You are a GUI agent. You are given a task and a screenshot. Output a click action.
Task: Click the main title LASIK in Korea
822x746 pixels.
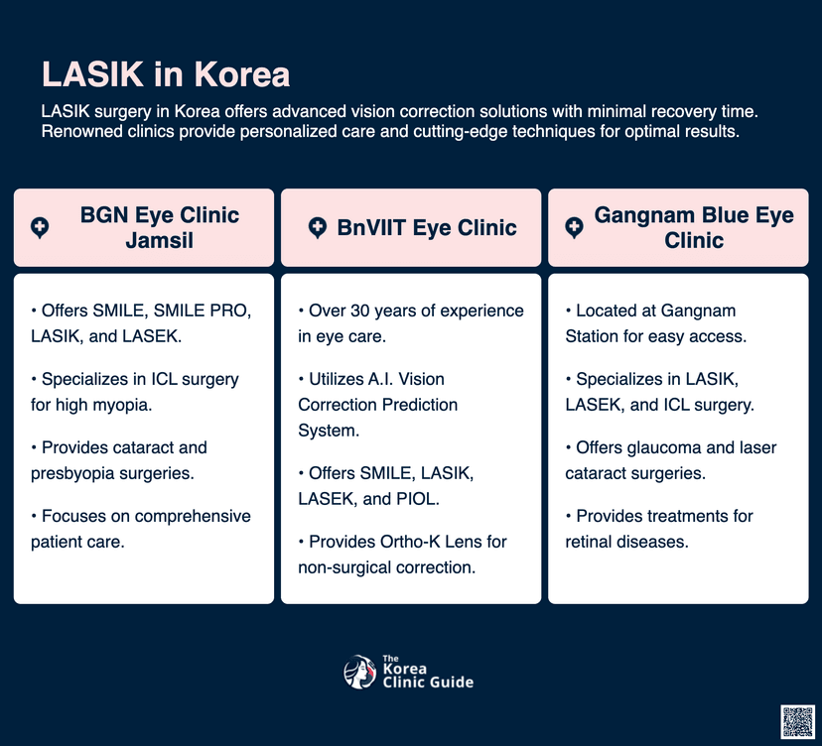coord(166,74)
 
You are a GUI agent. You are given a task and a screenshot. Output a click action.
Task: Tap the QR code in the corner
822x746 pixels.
coord(797,721)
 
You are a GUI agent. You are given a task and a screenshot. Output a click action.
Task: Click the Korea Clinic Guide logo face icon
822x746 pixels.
coord(358,673)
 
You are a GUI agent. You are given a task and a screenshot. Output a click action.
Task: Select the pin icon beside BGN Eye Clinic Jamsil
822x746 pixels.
coord(40,228)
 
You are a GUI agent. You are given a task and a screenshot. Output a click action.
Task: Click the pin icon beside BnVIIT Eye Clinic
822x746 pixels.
coord(317,228)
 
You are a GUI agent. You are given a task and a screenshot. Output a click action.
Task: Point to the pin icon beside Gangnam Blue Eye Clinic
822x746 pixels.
coord(574,228)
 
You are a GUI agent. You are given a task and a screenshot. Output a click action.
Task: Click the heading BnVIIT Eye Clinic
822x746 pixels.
coord(426,228)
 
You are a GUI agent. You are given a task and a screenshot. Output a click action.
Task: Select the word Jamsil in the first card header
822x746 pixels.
coord(159,241)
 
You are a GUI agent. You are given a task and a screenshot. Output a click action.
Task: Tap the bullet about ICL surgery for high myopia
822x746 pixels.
coord(135,392)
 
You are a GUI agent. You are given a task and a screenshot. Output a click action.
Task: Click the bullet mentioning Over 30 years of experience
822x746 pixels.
coord(411,323)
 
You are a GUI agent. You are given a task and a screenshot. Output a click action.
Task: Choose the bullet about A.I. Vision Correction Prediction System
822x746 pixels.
coord(377,404)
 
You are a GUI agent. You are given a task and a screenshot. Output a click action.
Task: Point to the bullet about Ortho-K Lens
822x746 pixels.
coord(403,554)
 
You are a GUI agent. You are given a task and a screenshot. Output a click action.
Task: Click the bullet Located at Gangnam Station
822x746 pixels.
coord(656,323)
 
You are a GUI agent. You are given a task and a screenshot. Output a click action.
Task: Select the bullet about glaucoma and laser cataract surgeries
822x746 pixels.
coord(671,460)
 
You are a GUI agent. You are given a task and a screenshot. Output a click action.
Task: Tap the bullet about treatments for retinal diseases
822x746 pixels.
coord(659,529)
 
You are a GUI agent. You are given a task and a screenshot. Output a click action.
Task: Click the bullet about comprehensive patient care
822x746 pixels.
coord(140,529)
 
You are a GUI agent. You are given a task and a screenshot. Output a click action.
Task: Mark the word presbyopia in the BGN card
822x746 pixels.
coord(77,472)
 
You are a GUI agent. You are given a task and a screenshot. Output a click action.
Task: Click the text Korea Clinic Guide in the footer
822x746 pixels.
coord(427,675)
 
